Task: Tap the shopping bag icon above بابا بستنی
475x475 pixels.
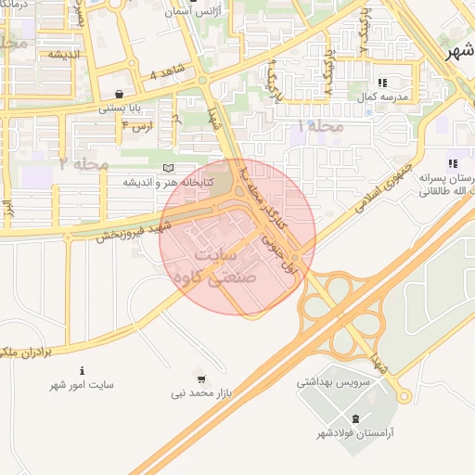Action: (121, 94)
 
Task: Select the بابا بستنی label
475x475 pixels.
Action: (121, 109)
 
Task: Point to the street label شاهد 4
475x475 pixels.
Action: (168, 73)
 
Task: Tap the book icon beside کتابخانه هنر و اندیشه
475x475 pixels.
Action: (168, 168)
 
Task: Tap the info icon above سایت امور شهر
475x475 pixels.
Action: (83, 369)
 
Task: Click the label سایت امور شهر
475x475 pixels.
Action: (83, 384)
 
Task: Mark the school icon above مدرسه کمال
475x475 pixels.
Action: (382, 83)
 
